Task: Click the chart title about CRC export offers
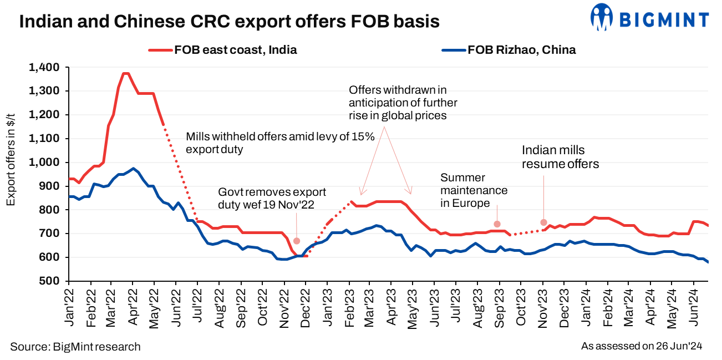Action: [230, 22]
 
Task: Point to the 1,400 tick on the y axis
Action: [44, 67]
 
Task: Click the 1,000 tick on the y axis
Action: [44, 163]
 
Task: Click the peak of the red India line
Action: [125, 73]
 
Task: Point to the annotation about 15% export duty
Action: [281, 143]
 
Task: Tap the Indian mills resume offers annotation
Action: [561, 157]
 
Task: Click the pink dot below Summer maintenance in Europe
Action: [497, 224]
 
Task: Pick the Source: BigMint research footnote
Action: [75, 347]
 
